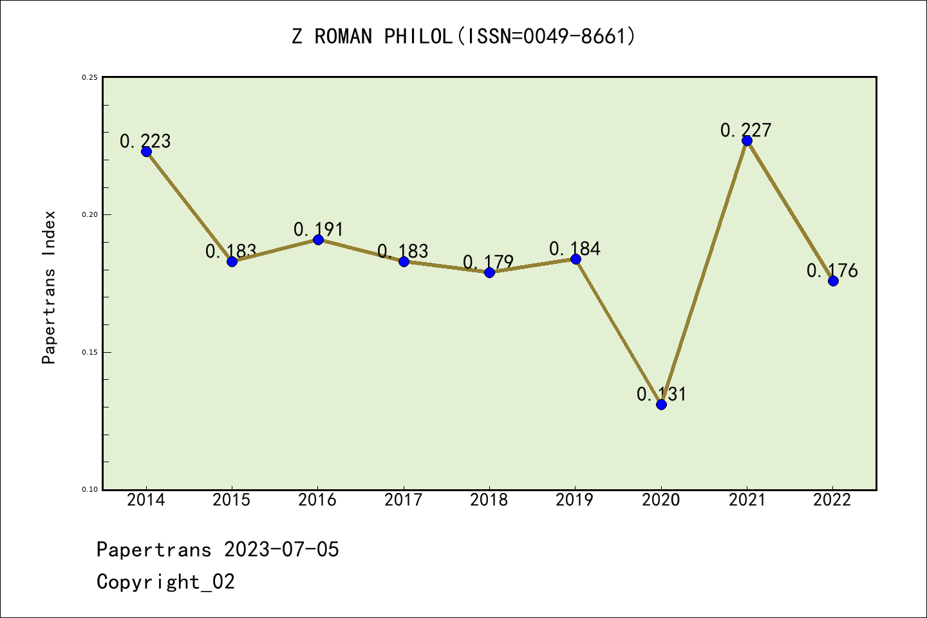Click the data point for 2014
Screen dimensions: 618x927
tap(146, 151)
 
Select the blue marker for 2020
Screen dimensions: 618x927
tap(661, 404)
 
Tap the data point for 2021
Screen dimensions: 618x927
tap(747, 140)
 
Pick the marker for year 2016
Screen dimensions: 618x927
tap(318, 239)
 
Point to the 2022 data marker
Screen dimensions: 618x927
tap(833, 281)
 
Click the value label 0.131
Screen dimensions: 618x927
tap(662, 394)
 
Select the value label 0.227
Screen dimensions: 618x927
tap(745, 130)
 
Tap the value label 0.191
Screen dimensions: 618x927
tap(319, 229)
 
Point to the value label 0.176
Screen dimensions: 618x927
tap(832, 270)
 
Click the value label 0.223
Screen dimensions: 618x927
tap(145, 141)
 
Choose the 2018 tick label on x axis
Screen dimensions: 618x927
tap(489, 500)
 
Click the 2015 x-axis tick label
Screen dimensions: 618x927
tap(232, 500)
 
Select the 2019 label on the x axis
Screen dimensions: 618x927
tap(575, 500)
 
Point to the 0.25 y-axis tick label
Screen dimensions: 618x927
tap(89, 77)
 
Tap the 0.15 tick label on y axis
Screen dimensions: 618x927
tap(89, 352)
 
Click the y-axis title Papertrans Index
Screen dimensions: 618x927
tap(49, 287)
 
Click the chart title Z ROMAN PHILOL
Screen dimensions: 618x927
tap(464, 36)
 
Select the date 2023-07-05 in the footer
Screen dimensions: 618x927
tap(281, 550)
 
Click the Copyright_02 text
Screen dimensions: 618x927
tap(165, 582)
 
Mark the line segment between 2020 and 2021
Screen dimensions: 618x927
tap(704, 272)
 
